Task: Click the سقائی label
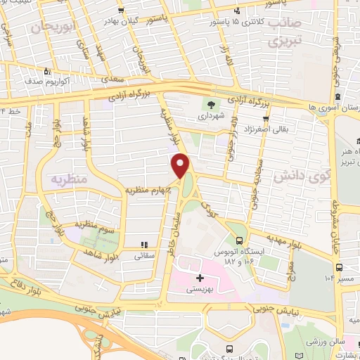click(x=146, y=257)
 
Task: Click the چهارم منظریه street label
click(x=146, y=190)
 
